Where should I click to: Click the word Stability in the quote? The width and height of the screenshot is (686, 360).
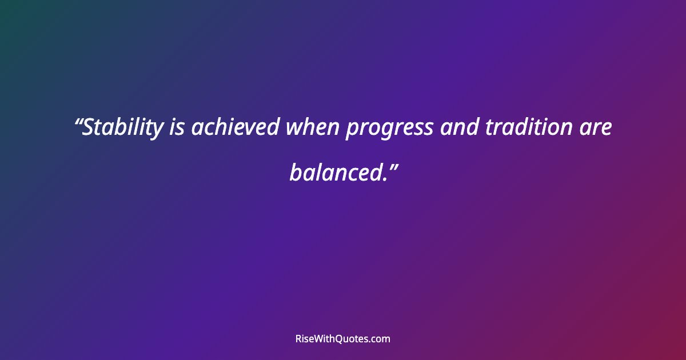point(122,128)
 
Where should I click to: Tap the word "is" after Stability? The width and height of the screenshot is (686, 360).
point(177,128)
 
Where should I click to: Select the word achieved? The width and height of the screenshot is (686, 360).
point(235,128)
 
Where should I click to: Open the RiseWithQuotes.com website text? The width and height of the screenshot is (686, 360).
point(342,339)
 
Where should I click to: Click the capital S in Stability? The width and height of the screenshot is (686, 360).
point(89,128)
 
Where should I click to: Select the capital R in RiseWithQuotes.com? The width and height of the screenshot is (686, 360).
point(298,339)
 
